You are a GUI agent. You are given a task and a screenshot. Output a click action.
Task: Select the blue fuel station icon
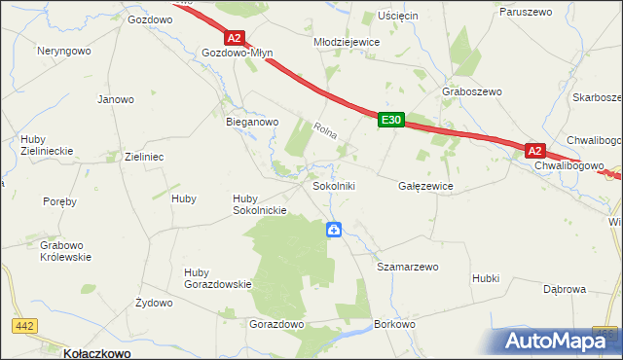coord(334,230)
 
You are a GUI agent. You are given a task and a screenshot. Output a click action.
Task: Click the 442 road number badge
coord(25,327)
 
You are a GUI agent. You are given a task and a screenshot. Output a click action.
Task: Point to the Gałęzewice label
coord(425,185)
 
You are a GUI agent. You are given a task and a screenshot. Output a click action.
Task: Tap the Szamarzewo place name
coord(408,266)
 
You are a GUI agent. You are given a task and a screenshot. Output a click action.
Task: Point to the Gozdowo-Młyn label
coord(238,54)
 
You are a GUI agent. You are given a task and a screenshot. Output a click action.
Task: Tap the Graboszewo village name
coord(471,91)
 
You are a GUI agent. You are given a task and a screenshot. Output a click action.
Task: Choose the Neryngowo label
coord(64,50)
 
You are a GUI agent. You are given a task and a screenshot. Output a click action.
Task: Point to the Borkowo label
coord(394,323)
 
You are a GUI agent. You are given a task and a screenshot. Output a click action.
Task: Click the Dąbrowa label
coord(564,289)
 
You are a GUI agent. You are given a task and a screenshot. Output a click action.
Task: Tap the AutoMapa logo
coord(559,342)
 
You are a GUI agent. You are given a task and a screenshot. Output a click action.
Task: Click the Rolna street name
coord(326,129)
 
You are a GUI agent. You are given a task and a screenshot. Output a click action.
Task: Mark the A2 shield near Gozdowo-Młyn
coord(234,38)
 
